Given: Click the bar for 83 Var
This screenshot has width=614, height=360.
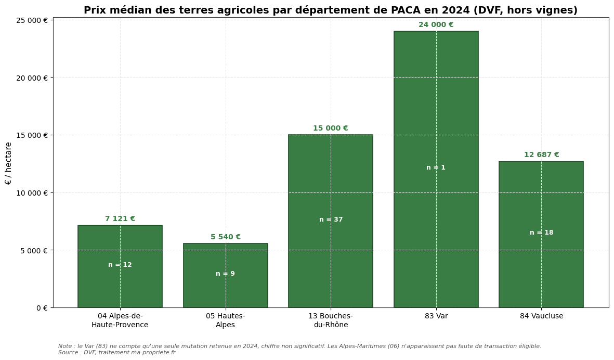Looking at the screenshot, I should (x=436, y=104).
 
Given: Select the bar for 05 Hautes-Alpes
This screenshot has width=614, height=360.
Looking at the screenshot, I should (x=225, y=291).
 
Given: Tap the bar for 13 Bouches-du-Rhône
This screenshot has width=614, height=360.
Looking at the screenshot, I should (x=330, y=177).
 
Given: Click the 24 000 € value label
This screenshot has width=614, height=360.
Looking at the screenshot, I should (x=436, y=25).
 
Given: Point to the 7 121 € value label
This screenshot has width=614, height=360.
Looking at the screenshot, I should (x=120, y=219).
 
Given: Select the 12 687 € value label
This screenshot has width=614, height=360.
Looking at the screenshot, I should (x=541, y=155).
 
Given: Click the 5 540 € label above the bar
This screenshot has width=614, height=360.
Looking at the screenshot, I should (x=225, y=237).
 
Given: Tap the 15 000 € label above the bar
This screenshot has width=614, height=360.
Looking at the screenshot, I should (x=330, y=128).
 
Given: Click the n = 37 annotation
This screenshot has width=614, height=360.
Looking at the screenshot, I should (x=331, y=220).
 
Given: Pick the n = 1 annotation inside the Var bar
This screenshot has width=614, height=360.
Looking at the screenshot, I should (x=436, y=168).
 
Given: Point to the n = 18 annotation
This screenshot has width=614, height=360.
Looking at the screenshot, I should (x=541, y=233).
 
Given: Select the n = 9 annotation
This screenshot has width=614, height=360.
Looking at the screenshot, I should (x=225, y=274).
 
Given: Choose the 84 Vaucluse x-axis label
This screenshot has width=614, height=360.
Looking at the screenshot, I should (x=541, y=316).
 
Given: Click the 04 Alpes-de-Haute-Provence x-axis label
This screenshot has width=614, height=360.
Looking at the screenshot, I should (x=120, y=320).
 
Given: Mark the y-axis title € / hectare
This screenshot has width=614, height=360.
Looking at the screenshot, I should (x=8, y=163).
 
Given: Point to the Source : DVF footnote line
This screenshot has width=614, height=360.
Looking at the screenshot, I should (x=116, y=353).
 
